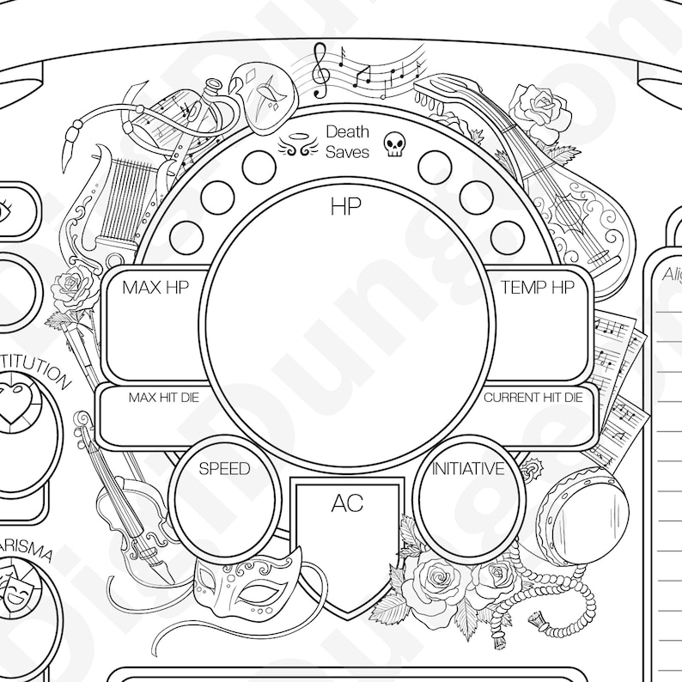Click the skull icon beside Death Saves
pos(393,143)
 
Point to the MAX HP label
pos(154,287)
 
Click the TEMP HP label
pos(537,287)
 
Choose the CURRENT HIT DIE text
pos(533,398)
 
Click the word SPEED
pos(224,469)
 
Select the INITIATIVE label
pos(468,469)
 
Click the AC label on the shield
pos(347,504)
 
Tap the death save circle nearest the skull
pos(435,167)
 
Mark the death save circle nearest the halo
pos(259,167)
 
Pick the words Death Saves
pos(347,142)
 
